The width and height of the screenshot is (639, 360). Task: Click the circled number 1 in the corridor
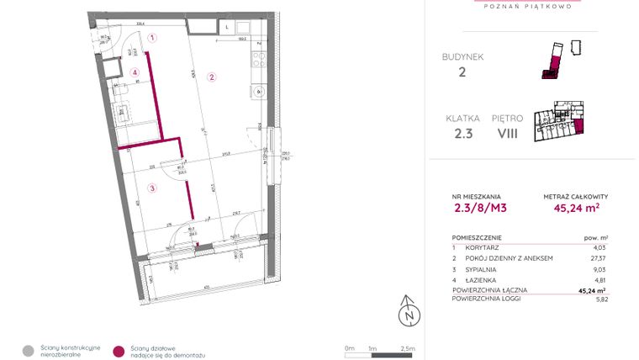pos(152,38)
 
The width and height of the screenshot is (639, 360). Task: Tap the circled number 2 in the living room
pos(212,77)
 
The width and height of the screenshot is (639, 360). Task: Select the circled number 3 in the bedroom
pos(152,188)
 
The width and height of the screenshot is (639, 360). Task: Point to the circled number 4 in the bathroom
pos(135,72)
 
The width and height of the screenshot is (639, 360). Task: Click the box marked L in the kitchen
pos(228,27)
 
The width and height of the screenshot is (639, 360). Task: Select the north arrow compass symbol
pos(409,310)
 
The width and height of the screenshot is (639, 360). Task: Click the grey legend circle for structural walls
pos(29,351)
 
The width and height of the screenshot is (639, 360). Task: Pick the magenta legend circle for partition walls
pos(120,351)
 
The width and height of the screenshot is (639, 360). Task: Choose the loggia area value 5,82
pos(599,299)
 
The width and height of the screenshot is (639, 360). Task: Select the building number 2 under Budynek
pos(462,72)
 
